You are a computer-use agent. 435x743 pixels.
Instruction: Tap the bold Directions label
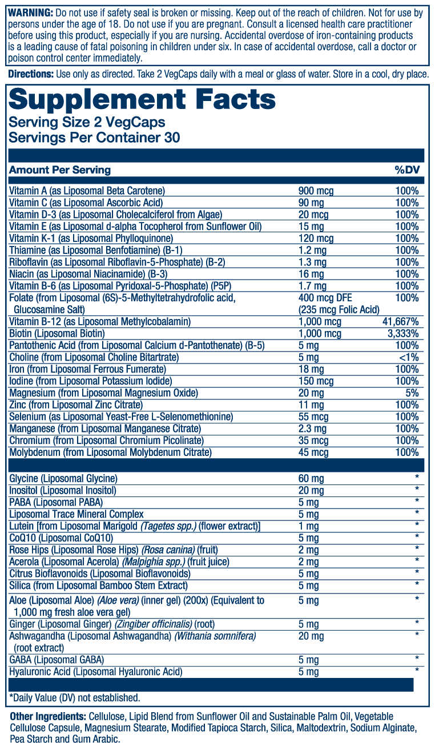[30, 75]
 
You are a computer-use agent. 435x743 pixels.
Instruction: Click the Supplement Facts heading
[142, 100]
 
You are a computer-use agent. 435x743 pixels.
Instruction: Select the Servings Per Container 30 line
[94, 138]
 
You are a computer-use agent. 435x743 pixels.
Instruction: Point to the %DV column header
[406, 170]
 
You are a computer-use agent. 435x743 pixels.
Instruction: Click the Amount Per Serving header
[60, 170]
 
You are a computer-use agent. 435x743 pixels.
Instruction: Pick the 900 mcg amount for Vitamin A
[316, 191]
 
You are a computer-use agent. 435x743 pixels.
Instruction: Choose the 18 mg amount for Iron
[312, 369]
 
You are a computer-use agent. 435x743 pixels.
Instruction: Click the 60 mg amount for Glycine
[312, 478]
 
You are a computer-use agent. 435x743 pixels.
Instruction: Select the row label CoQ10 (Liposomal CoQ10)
[61, 538]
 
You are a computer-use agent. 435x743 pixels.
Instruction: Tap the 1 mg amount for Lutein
[309, 526]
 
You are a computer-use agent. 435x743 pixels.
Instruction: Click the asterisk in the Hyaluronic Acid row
[417, 671]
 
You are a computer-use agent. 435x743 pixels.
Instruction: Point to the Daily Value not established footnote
[74, 697]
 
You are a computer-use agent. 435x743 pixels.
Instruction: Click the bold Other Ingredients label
[47, 716]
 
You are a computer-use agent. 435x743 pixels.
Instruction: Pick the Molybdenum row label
[111, 453]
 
